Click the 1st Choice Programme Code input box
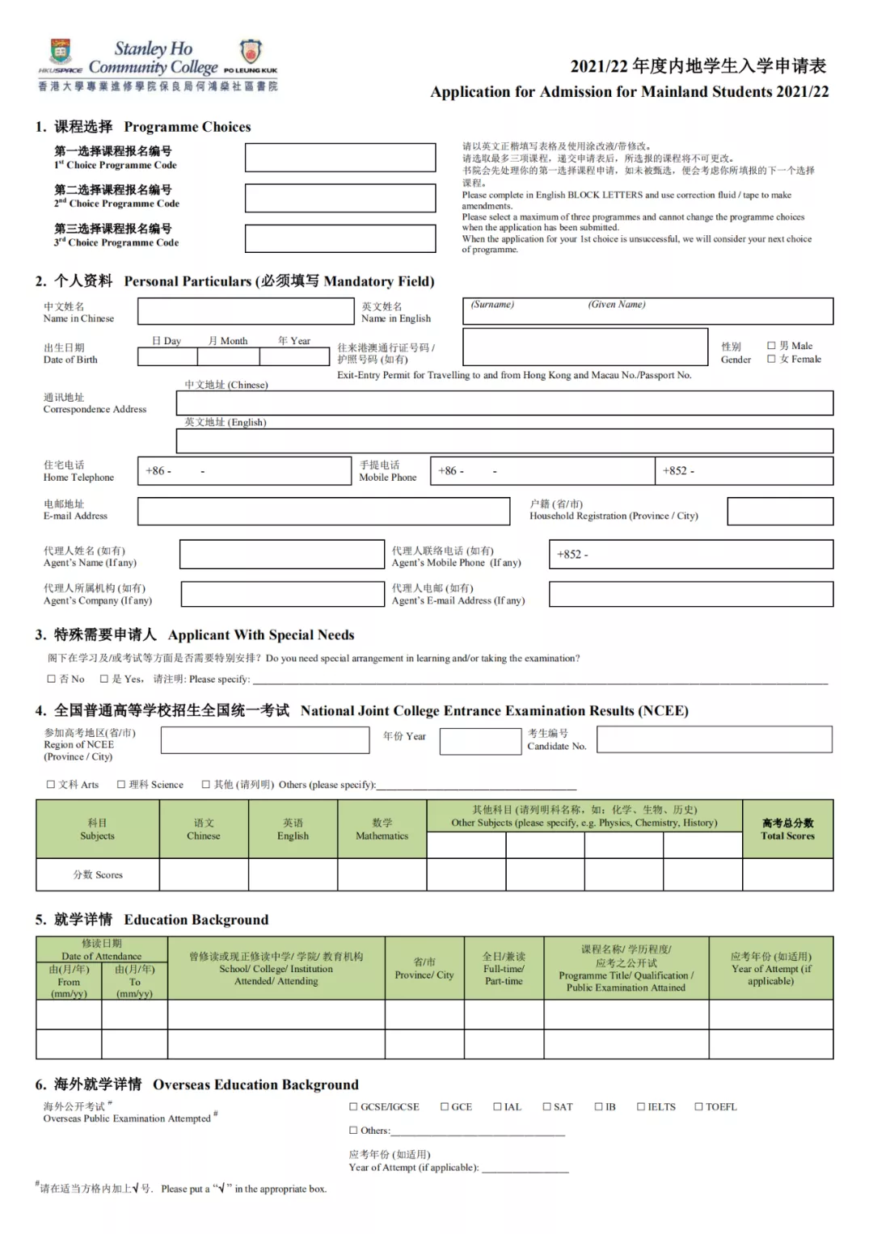pyautogui.click(x=340, y=158)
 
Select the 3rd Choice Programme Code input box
pyautogui.click(x=340, y=238)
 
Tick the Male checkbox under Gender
pyautogui.click(x=771, y=346)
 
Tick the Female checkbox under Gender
pyautogui.click(x=771, y=359)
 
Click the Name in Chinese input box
pyautogui.click(x=246, y=312)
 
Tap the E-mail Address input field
pyautogui.click(x=323, y=511)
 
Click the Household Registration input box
pyautogui.click(x=780, y=511)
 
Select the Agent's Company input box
pyautogui.click(x=282, y=594)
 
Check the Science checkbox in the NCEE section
pyautogui.click(x=121, y=784)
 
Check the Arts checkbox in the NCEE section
pyautogui.click(x=51, y=784)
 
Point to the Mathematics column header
pyautogui.click(x=382, y=829)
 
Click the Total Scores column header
pyautogui.click(x=787, y=829)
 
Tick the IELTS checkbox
pyautogui.click(x=641, y=1106)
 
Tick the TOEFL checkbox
pyautogui.click(x=699, y=1106)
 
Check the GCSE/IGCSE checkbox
pyautogui.click(x=353, y=1106)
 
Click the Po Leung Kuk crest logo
pyautogui.click(x=251, y=53)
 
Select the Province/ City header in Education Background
pyautogui.click(x=424, y=968)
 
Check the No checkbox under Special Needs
pyautogui.click(x=52, y=679)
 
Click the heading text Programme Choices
pyautogui.click(x=187, y=127)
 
